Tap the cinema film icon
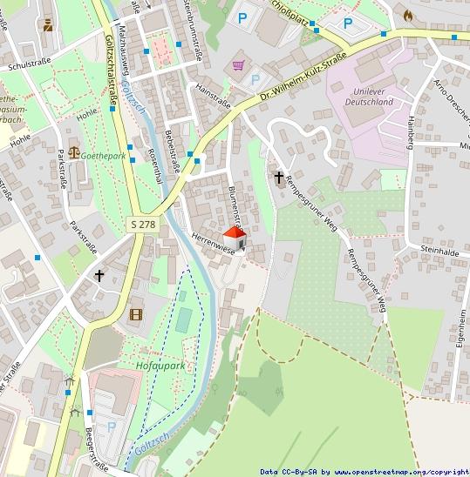135,314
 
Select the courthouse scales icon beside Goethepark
73,151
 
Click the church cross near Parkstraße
99,276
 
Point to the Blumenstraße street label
234,202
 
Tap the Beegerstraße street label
97,452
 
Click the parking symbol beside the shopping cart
255,79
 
